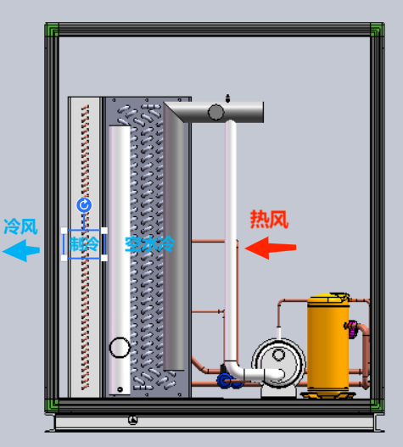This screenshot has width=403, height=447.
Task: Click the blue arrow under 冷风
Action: click(21, 250)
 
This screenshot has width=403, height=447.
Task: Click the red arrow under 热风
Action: click(271, 248)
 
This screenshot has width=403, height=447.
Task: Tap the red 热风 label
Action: click(269, 219)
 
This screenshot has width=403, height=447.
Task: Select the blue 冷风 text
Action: click(20, 226)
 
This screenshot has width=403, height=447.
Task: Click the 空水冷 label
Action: click(149, 244)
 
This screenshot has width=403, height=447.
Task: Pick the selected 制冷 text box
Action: click(84, 244)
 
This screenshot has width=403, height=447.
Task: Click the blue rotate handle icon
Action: click(84, 205)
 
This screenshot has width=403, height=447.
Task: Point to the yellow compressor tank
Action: click(328, 345)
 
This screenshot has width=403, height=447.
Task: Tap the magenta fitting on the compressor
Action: click(352, 329)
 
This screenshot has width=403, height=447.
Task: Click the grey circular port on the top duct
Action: click(215, 112)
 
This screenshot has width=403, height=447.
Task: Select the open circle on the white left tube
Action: click(120, 347)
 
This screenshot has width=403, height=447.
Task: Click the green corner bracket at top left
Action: click(52, 30)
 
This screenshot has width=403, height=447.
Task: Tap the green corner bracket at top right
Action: click(377, 30)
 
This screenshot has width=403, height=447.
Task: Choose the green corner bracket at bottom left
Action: click(52, 405)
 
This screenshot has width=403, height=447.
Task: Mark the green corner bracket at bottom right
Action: click(377, 405)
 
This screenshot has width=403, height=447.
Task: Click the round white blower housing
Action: click(278, 363)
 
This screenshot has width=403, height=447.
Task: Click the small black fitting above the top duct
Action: click(227, 98)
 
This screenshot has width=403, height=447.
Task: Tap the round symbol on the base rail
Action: click(133, 420)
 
